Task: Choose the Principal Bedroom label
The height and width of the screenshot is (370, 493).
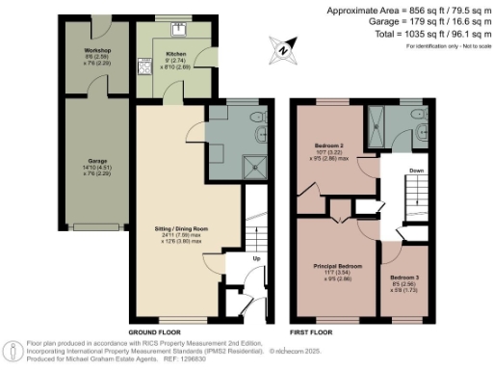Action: [337, 265]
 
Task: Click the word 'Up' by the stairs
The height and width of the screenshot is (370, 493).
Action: [256, 259]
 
